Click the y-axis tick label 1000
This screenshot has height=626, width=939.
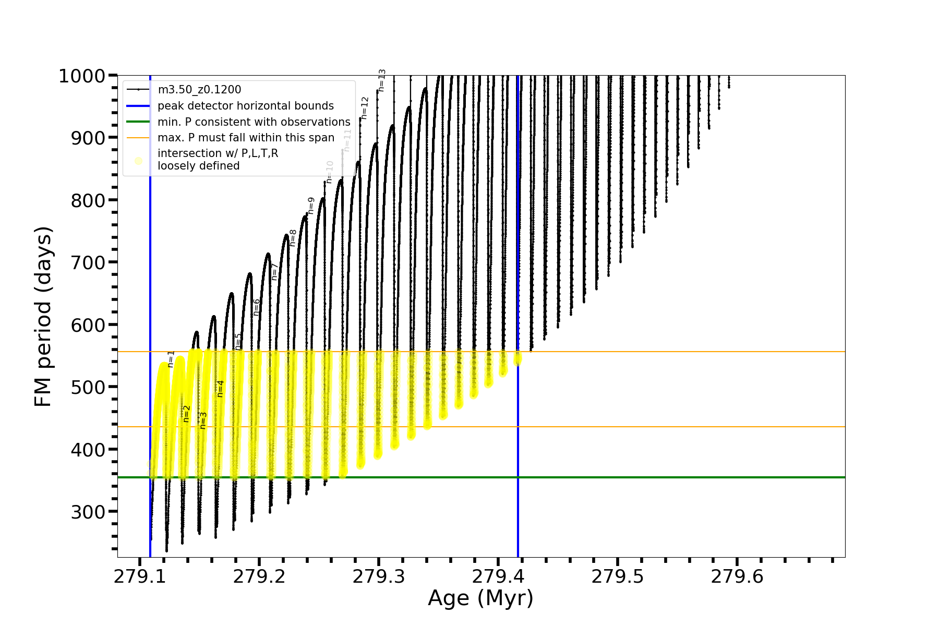[82, 76]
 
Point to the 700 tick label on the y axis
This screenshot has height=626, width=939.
[88, 262]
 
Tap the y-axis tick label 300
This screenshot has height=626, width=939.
[88, 512]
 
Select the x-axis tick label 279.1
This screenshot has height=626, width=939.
[140, 576]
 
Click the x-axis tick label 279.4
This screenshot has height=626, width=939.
[498, 576]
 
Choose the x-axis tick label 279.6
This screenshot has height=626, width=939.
[737, 576]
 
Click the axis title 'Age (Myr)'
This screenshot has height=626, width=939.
[480, 598]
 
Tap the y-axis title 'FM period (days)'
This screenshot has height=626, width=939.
[43, 317]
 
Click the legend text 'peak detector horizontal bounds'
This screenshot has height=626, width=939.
[246, 106]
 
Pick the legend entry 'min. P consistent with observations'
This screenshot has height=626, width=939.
[254, 122]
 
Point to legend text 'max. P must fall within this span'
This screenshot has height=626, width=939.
[246, 138]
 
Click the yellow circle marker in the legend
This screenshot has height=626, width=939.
[138, 161]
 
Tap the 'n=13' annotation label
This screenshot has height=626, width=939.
[382, 80]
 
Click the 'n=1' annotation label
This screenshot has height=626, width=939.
[171, 359]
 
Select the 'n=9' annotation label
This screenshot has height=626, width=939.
[311, 206]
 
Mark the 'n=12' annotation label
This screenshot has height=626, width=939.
[365, 108]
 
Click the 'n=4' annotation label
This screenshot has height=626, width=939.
[221, 389]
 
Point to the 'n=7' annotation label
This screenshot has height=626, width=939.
[275, 272]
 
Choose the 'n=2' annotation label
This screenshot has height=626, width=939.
[187, 414]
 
